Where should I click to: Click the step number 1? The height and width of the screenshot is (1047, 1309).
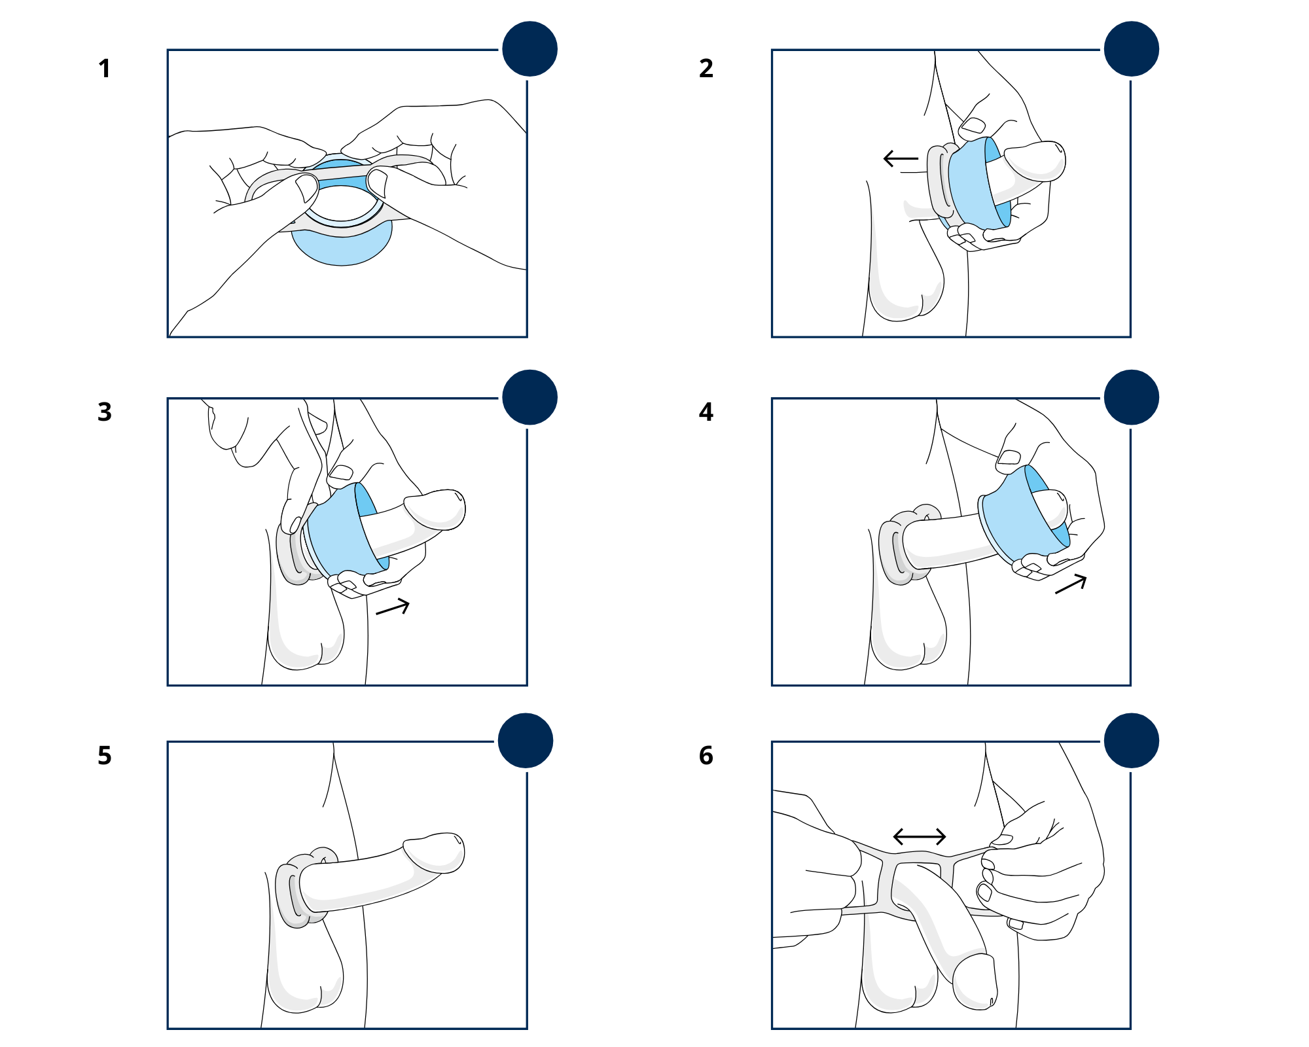(x=104, y=69)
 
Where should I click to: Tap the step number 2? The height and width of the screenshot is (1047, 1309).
(x=706, y=69)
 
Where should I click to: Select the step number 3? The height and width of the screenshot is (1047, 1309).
(x=104, y=412)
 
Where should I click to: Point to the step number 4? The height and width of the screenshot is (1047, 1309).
(x=706, y=412)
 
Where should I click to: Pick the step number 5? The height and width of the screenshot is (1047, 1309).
(x=104, y=756)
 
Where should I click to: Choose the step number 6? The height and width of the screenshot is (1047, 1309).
(x=706, y=756)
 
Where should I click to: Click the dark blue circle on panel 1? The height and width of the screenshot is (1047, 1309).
(x=529, y=49)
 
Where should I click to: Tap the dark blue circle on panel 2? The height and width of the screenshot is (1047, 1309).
(x=1131, y=49)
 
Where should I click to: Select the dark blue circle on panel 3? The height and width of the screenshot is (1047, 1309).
(x=529, y=397)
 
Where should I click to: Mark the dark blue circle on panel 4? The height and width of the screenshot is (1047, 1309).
(x=1131, y=397)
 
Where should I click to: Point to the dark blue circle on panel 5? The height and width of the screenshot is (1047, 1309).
(x=526, y=741)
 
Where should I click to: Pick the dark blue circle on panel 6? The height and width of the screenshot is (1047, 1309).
(x=1131, y=741)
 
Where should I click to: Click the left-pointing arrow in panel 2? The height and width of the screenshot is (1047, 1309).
(x=901, y=158)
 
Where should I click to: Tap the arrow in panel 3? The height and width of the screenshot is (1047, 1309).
(x=393, y=608)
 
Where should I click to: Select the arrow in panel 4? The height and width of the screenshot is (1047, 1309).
(x=1071, y=584)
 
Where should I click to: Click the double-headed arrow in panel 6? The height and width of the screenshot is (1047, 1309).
(x=920, y=836)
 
